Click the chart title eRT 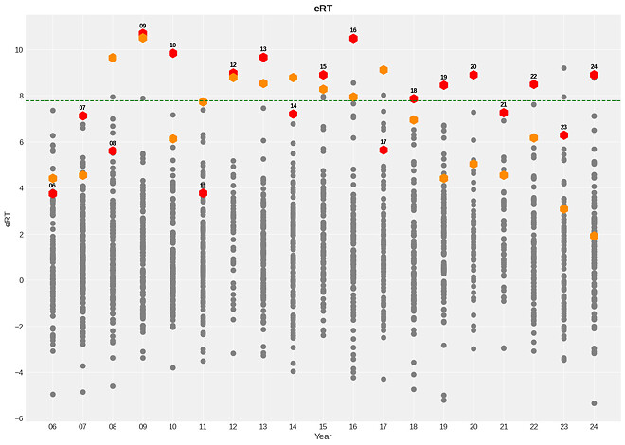click(323, 8)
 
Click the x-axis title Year click(323, 436)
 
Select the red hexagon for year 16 click(353, 39)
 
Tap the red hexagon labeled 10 click(172, 53)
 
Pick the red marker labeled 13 click(263, 58)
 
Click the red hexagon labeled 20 click(473, 75)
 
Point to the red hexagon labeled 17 click(384, 150)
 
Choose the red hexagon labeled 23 click(563, 135)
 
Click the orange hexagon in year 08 click(113, 58)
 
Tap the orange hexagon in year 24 click(594, 236)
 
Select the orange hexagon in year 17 click(384, 70)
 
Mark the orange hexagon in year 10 click(172, 139)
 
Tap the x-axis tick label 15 click(323, 426)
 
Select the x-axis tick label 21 click(504, 426)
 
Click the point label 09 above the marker click(143, 27)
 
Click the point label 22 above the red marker click(534, 76)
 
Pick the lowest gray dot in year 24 click(594, 403)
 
